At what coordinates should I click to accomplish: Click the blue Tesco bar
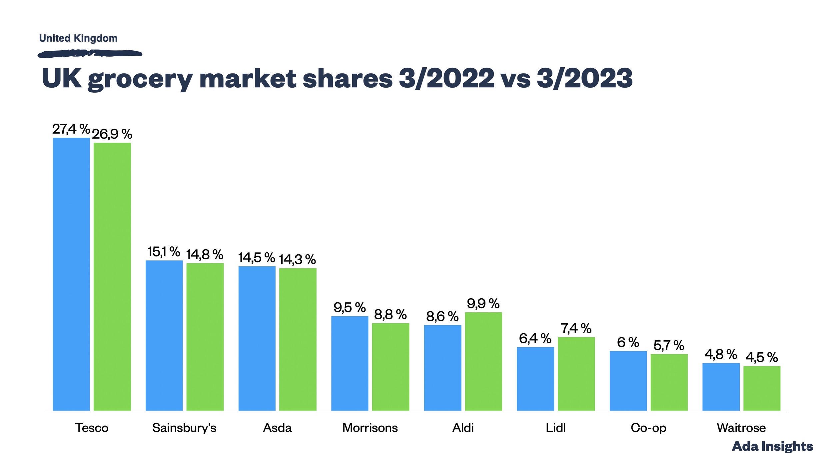pos(71,274)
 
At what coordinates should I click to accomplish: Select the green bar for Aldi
pos(483,361)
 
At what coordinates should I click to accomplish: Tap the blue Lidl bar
pos(535,379)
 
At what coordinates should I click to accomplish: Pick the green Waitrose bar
pos(762,388)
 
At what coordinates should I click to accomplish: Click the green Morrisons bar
pos(391,367)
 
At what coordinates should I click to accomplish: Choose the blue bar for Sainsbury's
pos(164,335)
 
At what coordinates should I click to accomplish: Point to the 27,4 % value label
pos(71,129)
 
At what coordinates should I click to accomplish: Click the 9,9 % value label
pos(483,304)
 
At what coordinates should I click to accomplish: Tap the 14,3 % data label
pos(297,259)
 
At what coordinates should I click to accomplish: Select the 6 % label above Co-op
pos(628,342)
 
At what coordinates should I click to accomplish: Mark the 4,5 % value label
pos(761,357)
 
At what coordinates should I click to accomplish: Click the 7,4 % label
pos(576,328)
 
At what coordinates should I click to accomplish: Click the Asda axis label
pos(277,428)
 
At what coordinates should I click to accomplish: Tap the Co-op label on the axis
pos(648,428)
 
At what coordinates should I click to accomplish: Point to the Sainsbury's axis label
pos(184,428)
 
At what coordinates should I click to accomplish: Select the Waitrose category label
pos(741,428)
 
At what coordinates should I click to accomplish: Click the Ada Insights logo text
pos(772,446)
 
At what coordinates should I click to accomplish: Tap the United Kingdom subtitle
pos(78,38)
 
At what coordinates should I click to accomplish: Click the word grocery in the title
pos(140,79)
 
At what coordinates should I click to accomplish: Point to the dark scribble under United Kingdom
pos(90,53)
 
